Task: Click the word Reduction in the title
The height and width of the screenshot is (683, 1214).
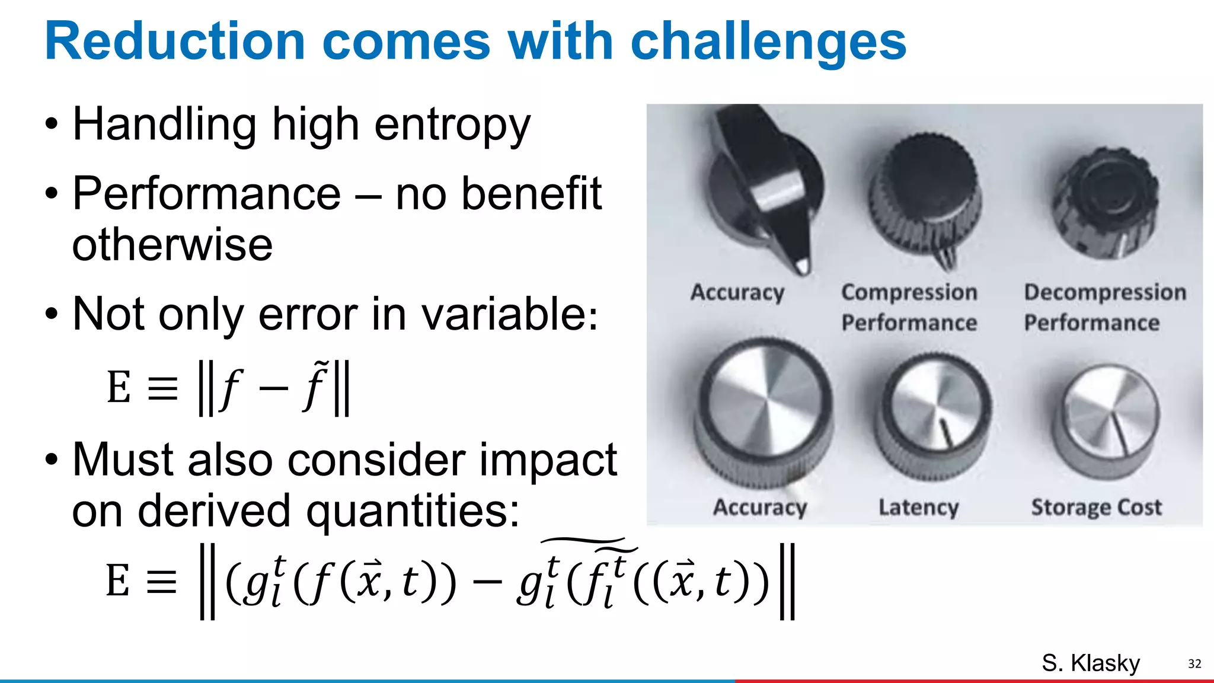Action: pyautogui.click(x=175, y=42)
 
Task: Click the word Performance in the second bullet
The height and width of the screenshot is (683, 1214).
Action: pyautogui.click(x=206, y=194)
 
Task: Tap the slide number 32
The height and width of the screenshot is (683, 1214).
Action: pyautogui.click(x=1194, y=664)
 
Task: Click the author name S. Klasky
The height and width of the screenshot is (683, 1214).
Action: pyautogui.click(x=1091, y=663)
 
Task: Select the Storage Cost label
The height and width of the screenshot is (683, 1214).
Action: pyautogui.click(x=1096, y=508)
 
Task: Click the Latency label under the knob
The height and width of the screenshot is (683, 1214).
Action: pyautogui.click(x=918, y=508)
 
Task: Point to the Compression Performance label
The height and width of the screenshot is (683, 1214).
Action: pyautogui.click(x=909, y=307)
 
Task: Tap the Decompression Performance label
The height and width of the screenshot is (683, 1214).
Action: pyautogui.click(x=1104, y=307)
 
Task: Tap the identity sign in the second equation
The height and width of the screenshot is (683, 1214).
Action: pyautogui.click(x=161, y=582)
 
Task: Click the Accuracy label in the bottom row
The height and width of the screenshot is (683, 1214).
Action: pyautogui.click(x=760, y=508)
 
